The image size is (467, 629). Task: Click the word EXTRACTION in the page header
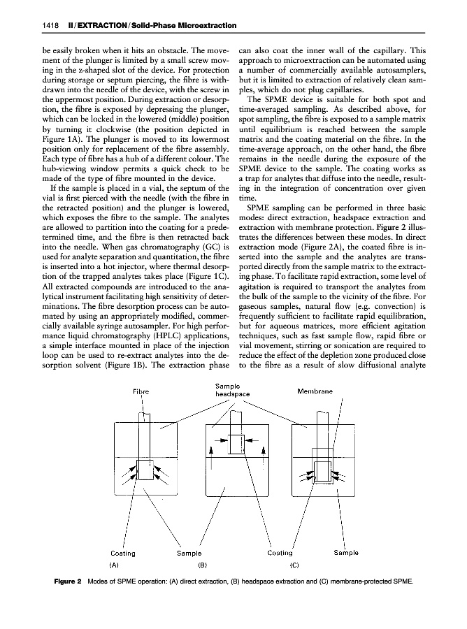tap(93, 27)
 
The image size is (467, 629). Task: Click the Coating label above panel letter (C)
tap(284, 552)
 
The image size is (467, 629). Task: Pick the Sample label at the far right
tap(345, 552)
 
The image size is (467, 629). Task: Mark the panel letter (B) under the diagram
tap(203, 563)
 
